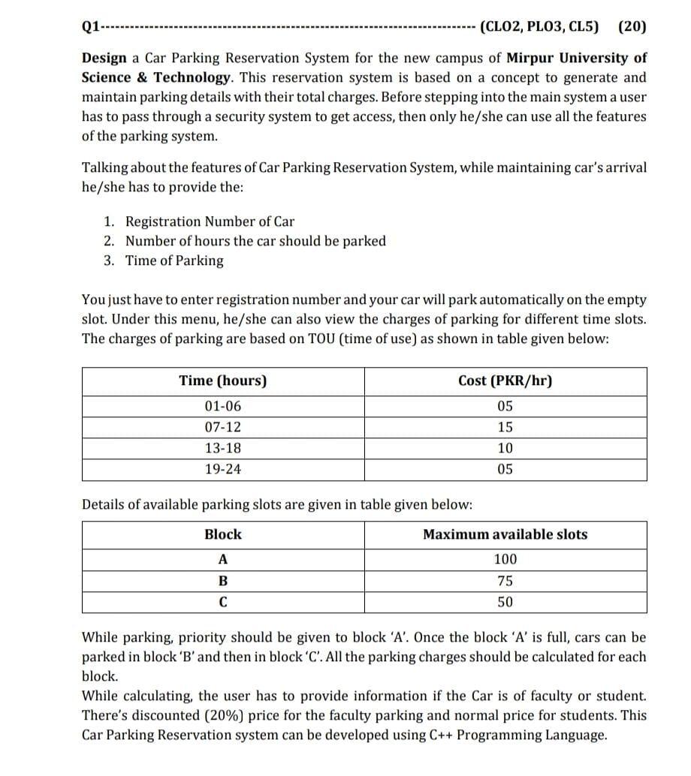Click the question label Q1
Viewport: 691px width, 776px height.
[89, 27]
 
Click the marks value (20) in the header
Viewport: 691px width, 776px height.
[631, 27]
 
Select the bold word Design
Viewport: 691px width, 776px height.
[104, 59]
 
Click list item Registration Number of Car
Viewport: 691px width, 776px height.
[210, 221]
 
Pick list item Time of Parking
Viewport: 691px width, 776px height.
[174, 260]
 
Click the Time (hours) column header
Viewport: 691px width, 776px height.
[223, 380]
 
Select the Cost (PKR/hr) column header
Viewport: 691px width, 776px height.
[505, 380]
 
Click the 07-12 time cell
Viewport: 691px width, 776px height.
[223, 428]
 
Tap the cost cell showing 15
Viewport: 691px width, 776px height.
[505, 428]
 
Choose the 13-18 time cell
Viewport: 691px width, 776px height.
[223, 449]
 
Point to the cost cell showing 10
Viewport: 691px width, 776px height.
[505, 449]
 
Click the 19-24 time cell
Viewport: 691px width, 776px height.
[223, 470]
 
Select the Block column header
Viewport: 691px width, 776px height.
[223, 534]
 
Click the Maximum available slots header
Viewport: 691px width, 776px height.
[505, 534]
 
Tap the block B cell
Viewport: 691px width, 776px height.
[223, 581]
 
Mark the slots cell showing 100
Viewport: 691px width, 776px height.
[505, 559]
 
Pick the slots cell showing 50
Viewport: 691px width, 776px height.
[505, 602]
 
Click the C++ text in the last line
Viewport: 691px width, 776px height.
[440, 735]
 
